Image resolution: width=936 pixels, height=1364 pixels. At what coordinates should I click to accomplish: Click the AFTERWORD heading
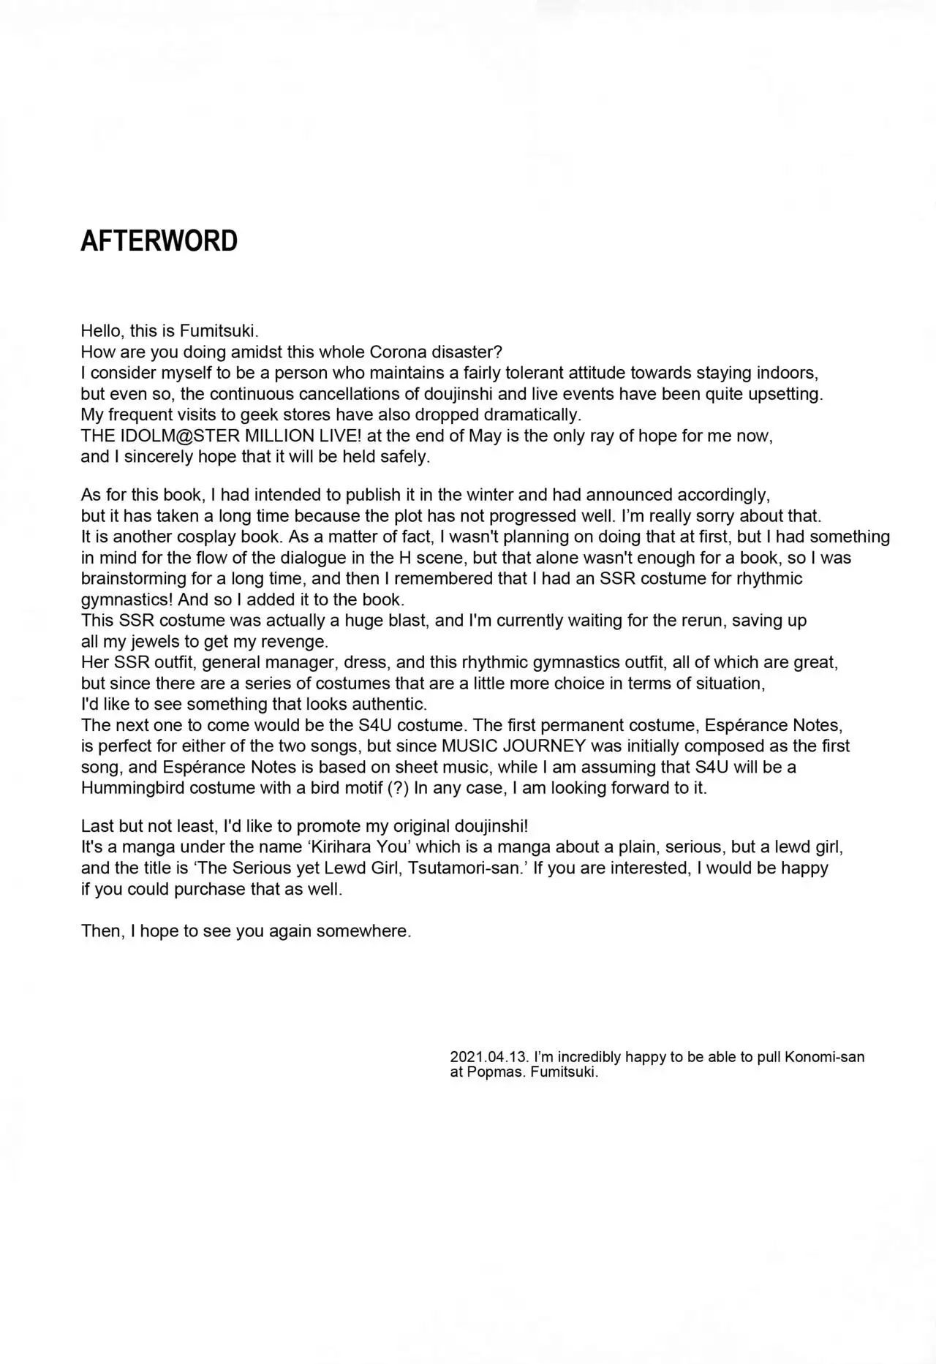pyautogui.click(x=159, y=241)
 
